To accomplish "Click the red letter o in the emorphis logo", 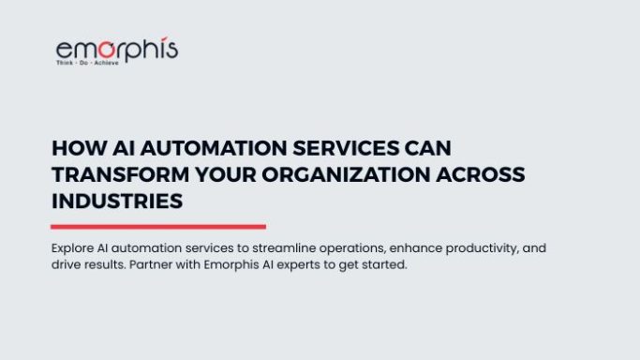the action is click(x=107, y=50).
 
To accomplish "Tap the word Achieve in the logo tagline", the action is click(x=107, y=63).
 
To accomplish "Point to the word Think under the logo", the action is click(x=65, y=63).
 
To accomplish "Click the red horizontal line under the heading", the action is click(x=158, y=227).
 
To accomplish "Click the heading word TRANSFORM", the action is click(x=120, y=174).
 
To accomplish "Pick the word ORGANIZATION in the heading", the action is click(x=346, y=174).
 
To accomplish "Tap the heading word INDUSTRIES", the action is click(x=117, y=202).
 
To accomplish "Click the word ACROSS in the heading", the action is click(x=481, y=174).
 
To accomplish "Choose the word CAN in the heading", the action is click(x=427, y=148).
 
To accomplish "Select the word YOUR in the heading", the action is click(x=226, y=174).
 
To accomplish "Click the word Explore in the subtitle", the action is click(x=72, y=248).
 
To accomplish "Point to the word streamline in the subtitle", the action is click(x=284, y=248).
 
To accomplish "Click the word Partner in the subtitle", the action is click(x=151, y=265).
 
